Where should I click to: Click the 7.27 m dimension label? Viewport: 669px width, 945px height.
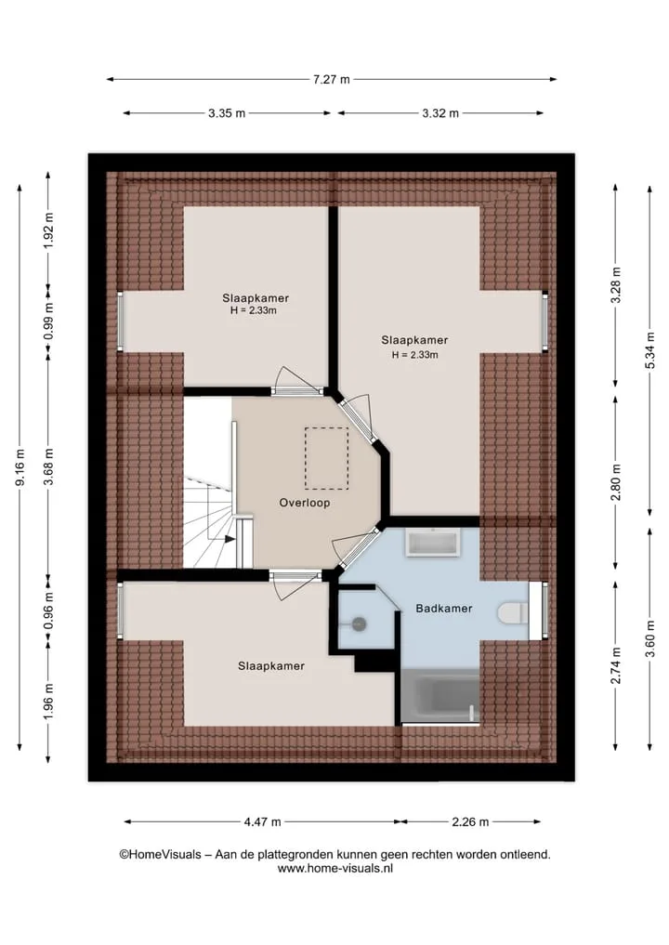click(331, 79)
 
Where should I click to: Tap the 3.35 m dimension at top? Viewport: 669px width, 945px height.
click(227, 112)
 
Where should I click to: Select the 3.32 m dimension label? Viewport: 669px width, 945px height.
click(440, 112)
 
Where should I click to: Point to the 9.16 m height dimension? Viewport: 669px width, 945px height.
click(20, 467)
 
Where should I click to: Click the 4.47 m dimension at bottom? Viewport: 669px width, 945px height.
click(262, 821)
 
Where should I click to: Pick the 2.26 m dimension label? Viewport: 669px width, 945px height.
click(470, 821)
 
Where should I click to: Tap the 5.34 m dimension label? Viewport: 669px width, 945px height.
click(649, 350)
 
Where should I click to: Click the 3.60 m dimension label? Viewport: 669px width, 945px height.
click(649, 638)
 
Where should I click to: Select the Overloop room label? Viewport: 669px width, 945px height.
click(305, 503)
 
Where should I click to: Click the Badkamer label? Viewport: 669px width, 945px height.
click(444, 608)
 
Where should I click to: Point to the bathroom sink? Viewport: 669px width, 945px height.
click(433, 543)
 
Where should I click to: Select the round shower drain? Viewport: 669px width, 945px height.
click(360, 623)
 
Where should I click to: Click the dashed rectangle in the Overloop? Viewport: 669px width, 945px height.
click(326, 458)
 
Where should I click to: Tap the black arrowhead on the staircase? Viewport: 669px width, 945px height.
click(230, 539)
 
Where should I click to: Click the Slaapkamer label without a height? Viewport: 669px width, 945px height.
click(271, 666)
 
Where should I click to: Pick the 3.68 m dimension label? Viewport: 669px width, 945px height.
click(49, 467)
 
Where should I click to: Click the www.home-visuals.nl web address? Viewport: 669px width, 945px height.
click(335, 869)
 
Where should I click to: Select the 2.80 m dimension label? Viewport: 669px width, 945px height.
click(615, 482)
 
